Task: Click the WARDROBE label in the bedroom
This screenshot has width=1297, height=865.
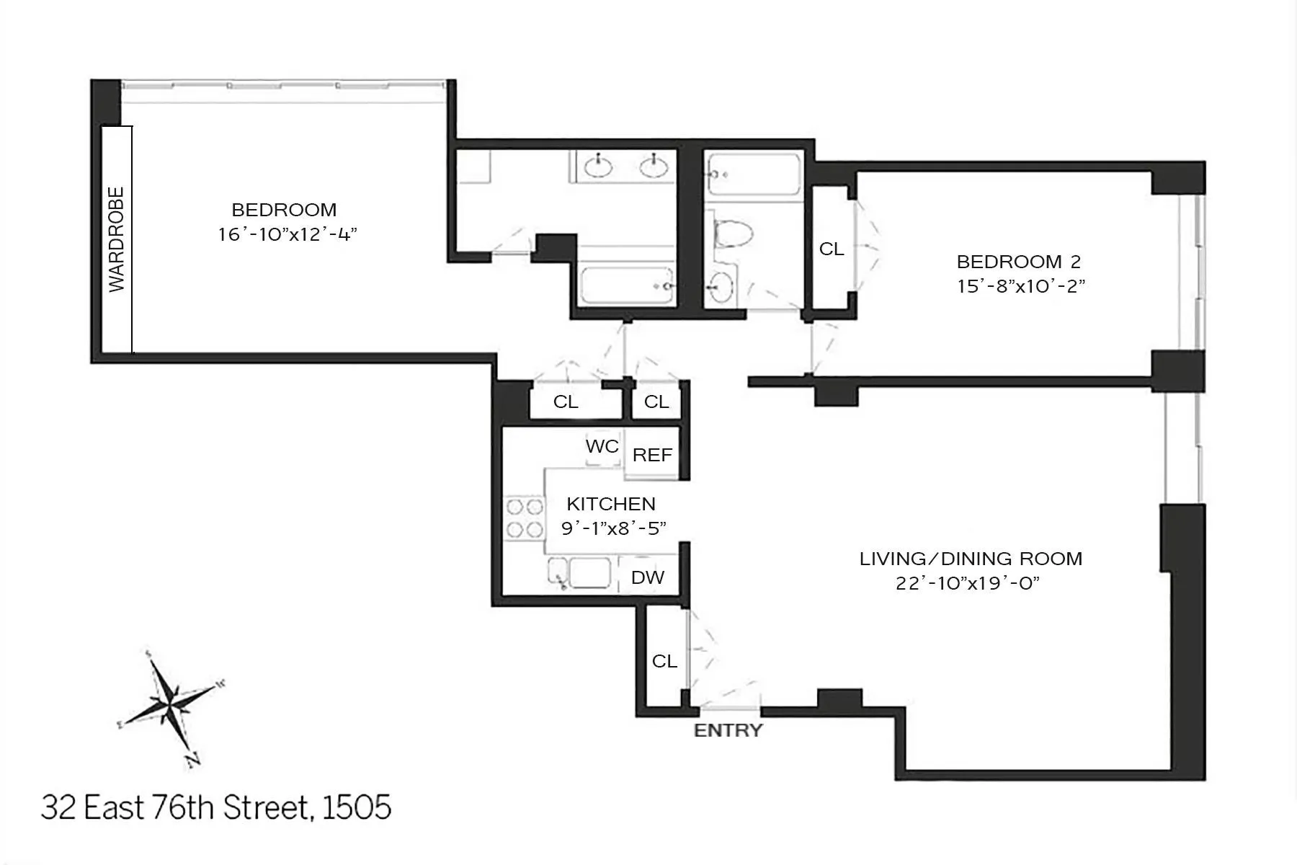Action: pyautogui.click(x=117, y=239)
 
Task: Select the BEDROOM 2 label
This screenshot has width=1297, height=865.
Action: pyautogui.click(x=1018, y=262)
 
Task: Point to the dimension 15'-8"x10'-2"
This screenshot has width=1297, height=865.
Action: pyautogui.click(x=1020, y=286)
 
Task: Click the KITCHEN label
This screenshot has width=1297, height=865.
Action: pyautogui.click(x=610, y=504)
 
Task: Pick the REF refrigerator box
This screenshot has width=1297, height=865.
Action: pyautogui.click(x=652, y=455)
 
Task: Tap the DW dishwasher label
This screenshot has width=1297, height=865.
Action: pyautogui.click(x=647, y=577)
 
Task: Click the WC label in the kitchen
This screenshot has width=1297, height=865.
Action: pyautogui.click(x=602, y=447)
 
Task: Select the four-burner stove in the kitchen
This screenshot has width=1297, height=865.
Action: pyautogui.click(x=524, y=518)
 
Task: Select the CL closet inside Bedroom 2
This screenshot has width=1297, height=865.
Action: pyautogui.click(x=831, y=249)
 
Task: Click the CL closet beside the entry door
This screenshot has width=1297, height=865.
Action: pyautogui.click(x=664, y=661)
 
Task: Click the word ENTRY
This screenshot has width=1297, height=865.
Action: pyautogui.click(x=728, y=730)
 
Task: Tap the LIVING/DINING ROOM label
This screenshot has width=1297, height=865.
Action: pyautogui.click(x=971, y=559)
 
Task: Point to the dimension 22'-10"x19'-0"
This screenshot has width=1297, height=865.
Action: pyautogui.click(x=968, y=583)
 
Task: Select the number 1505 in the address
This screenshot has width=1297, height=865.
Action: pyautogui.click(x=357, y=808)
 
